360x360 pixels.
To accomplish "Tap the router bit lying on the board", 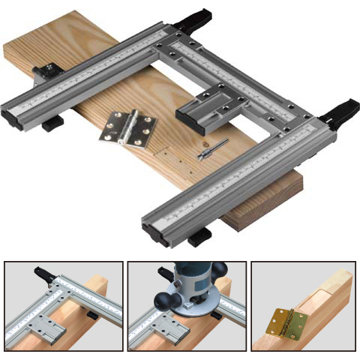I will [x=205, y=151].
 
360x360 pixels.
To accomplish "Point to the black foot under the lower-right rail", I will [x=200, y=239].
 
